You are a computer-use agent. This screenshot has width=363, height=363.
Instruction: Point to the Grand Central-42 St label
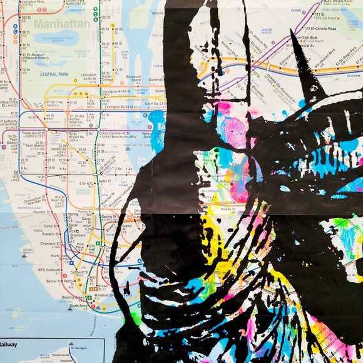[x=113, y=133]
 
